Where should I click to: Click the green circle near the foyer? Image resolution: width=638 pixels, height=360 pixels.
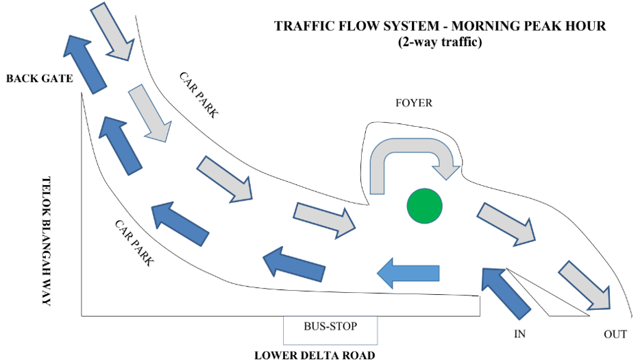(x=425, y=205)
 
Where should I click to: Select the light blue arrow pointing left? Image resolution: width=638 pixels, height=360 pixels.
(x=408, y=273)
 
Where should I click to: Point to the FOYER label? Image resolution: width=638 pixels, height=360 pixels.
(x=414, y=103)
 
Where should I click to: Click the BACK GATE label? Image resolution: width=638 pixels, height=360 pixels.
(x=39, y=78)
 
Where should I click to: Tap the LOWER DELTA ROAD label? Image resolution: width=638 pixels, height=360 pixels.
(x=315, y=355)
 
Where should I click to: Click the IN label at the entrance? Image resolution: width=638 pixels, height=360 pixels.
(x=520, y=335)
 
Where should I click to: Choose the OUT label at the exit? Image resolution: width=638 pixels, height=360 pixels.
(x=615, y=335)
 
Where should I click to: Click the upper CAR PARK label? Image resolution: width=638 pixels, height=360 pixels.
(x=199, y=95)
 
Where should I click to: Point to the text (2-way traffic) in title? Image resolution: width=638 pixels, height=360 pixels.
(x=440, y=42)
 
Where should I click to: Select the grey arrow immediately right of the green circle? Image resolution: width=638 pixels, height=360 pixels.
(x=507, y=224)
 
